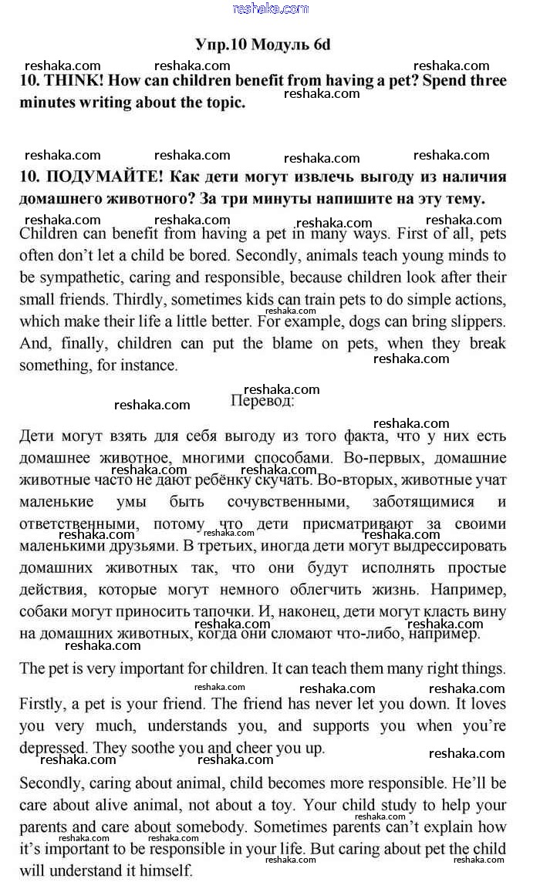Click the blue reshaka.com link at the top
270,8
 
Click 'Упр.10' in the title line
219,45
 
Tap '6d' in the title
322,45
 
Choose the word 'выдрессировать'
456,546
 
